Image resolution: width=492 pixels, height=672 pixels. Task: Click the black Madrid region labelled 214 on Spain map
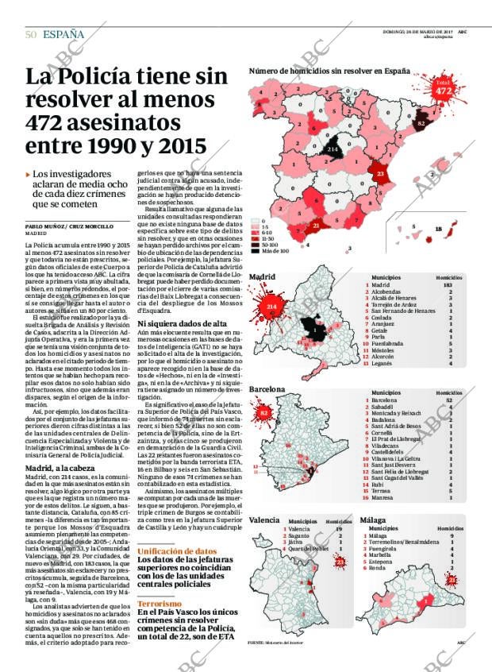coord(332,149)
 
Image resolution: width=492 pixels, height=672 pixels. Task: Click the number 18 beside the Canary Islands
coord(439,230)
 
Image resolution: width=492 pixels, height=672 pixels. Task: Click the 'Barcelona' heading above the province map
coord(267,390)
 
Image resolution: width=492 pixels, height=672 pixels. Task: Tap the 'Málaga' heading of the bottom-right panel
coord(372,519)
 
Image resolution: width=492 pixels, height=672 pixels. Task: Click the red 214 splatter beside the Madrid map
coord(271,306)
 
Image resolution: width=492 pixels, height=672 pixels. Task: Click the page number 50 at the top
coord(30,34)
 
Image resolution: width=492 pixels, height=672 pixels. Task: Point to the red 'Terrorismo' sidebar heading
coord(160,603)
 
